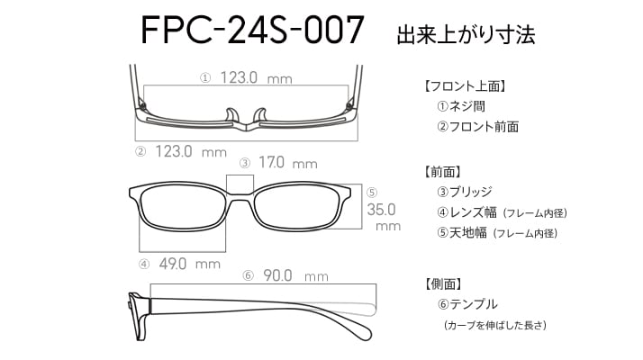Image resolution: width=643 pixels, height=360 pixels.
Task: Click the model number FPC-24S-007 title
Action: point(252,30)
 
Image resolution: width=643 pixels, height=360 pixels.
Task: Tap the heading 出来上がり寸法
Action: point(466,35)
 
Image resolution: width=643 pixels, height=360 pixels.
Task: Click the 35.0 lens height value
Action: point(381,210)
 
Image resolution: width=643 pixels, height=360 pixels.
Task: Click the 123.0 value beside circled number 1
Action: point(239,77)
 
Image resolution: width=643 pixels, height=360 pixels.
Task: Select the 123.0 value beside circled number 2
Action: point(174,151)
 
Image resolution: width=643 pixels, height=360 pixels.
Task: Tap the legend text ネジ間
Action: point(467,106)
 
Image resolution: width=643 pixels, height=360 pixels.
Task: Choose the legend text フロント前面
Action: point(484,127)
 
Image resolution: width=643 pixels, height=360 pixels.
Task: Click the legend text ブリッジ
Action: point(470,192)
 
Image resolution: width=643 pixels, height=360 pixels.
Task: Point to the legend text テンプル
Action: point(474,304)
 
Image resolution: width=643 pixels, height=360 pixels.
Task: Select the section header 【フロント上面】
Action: point(465,86)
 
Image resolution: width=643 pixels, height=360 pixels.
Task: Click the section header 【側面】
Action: point(443,283)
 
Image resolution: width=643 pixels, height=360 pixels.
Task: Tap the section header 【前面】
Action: point(443,172)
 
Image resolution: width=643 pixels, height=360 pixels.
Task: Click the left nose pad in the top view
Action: point(231,115)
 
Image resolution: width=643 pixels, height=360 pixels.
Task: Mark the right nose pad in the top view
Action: point(260,115)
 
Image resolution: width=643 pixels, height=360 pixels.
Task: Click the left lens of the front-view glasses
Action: point(183,209)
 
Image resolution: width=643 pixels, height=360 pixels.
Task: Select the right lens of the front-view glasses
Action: point(297,209)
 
